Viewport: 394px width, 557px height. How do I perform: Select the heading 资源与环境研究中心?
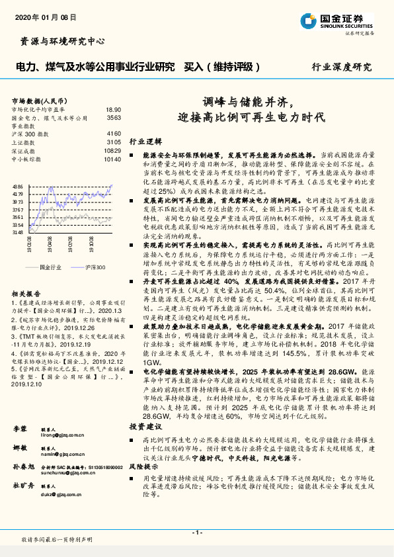[x=59, y=42]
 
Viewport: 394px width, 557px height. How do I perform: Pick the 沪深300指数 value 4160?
[x=114, y=134]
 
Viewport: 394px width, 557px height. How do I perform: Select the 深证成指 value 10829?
[x=112, y=150]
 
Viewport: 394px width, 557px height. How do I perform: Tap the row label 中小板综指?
[x=27, y=159]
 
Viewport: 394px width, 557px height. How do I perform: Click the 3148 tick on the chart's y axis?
[x=18, y=232]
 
